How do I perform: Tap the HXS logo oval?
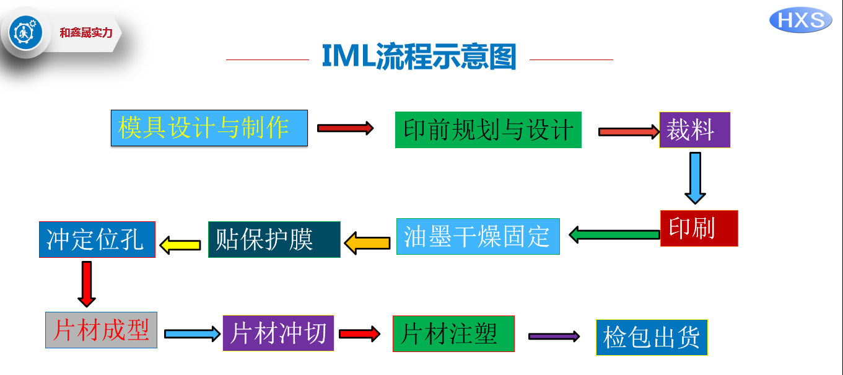tap(800, 20)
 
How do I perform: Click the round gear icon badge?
tap(25, 33)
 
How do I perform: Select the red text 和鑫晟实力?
tap(86, 33)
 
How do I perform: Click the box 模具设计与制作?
tap(209, 128)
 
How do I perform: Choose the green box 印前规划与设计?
tap(488, 130)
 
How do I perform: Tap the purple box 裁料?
tap(694, 130)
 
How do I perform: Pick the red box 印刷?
tap(699, 228)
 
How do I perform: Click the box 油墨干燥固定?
tap(478, 236)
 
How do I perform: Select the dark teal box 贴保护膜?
tap(274, 239)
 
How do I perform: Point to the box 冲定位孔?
tap(97, 239)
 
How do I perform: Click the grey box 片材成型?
tap(101, 330)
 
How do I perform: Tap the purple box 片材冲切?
tap(278, 333)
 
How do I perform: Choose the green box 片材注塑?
tap(453, 333)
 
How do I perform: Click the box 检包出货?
tap(652, 337)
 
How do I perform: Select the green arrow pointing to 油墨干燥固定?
tap(614, 234)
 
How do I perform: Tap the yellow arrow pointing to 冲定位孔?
tap(180, 245)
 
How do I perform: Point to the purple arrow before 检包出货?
tap(554, 336)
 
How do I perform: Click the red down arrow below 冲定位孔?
tap(87, 283)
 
